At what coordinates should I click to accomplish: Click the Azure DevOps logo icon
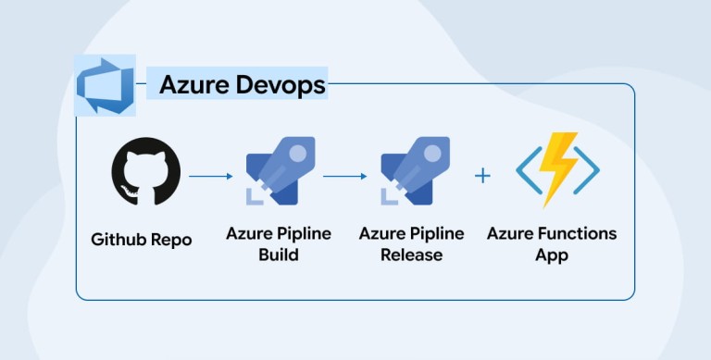click(105, 85)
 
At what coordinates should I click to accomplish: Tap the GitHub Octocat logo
click(146, 171)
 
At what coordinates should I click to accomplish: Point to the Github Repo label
click(142, 239)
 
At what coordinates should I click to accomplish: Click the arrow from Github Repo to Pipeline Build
click(210, 176)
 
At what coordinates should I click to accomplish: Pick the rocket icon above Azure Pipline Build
click(281, 170)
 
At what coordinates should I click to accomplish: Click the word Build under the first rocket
click(279, 254)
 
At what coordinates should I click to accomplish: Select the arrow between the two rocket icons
click(345, 176)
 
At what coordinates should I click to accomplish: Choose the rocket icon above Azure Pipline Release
click(416, 170)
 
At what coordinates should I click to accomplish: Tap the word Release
click(412, 254)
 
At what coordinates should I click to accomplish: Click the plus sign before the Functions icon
click(482, 176)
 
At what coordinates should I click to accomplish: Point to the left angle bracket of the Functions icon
click(529, 170)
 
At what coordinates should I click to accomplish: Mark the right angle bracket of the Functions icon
click(587, 170)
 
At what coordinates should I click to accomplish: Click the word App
click(552, 255)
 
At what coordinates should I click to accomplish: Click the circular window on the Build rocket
click(298, 153)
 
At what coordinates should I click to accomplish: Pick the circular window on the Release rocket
click(433, 153)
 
